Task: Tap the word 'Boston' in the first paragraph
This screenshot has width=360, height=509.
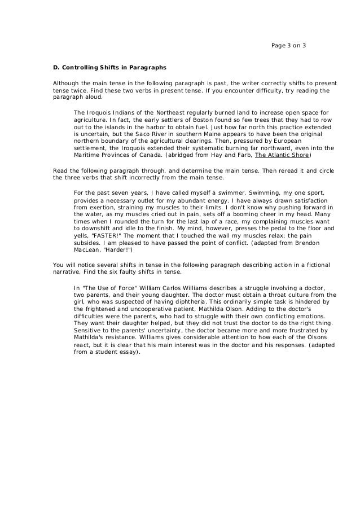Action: click(x=176, y=120)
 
